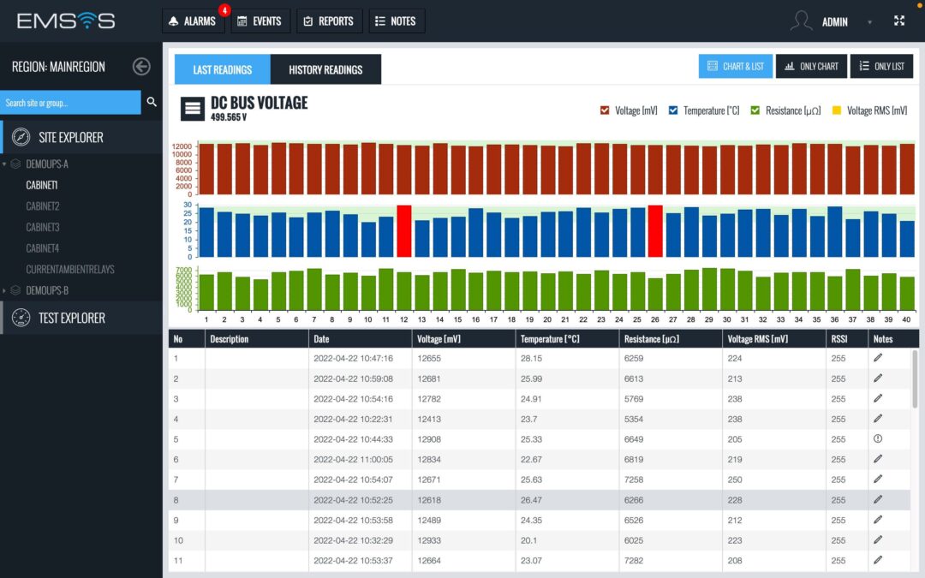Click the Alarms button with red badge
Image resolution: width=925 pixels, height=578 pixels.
pyautogui.click(x=193, y=21)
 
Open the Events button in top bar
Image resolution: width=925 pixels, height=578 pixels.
pyautogui.click(x=260, y=21)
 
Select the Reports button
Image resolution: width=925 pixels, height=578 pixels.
pyautogui.click(x=330, y=21)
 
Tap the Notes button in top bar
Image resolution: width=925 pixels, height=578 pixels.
pyautogui.click(x=396, y=21)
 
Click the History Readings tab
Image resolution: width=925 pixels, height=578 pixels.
pyautogui.click(x=325, y=69)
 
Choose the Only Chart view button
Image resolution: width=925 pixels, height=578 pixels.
pyautogui.click(x=811, y=67)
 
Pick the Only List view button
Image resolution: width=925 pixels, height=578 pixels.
pyautogui.click(x=881, y=67)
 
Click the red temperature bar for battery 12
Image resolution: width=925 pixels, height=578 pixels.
pyautogui.click(x=404, y=231)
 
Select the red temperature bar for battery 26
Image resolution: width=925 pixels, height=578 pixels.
pyautogui.click(x=655, y=231)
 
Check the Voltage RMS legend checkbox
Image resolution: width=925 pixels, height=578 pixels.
pyautogui.click(x=838, y=110)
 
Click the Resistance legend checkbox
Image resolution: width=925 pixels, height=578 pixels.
pyautogui.click(x=755, y=110)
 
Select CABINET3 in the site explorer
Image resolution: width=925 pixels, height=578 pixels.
pyautogui.click(x=42, y=227)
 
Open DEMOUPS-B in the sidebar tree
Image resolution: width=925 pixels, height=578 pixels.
pyautogui.click(x=47, y=290)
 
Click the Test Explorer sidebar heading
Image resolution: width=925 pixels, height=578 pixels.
pyautogui.click(x=71, y=318)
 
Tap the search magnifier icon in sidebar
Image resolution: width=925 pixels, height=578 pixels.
pyautogui.click(x=152, y=102)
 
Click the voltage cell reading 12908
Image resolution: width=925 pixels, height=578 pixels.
pyautogui.click(x=429, y=439)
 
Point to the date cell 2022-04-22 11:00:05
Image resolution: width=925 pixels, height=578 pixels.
pyautogui.click(x=353, y=459)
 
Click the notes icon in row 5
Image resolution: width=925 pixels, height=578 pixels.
pyautogui.click(x=877, y=438)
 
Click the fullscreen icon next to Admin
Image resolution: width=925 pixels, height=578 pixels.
pyautogui.click(x=899, y=21)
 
